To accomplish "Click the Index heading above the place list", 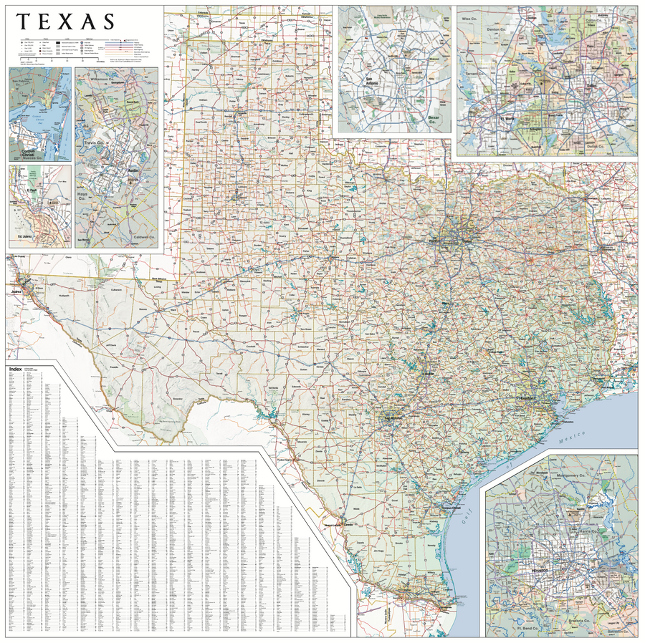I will pyautogui.click(x=15, y=369).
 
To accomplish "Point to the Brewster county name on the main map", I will pyautogui.click(x=178, y=397).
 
